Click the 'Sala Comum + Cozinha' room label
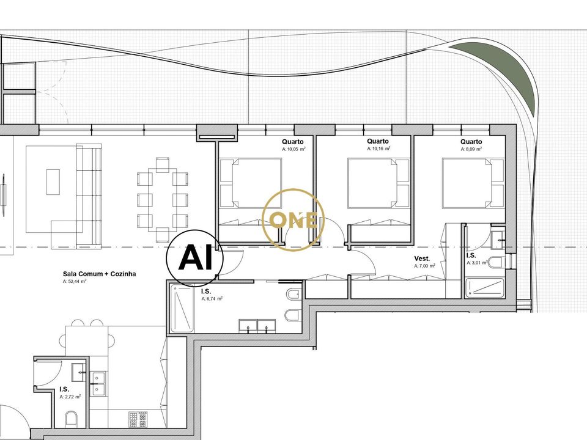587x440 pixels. coord(99,274)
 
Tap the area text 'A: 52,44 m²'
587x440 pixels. coord(75,281)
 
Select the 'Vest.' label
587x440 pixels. coord(422,258)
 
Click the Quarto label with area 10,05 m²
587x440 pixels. coord(293,142)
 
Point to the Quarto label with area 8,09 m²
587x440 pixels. coord(471,142)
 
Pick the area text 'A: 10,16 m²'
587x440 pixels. coord(379,148)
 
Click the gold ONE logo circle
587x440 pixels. coord(293,220)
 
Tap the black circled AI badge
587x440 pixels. coord(195,258)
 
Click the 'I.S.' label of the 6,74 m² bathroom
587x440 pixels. coord(206,291)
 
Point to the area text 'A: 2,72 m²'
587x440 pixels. coord(70,397)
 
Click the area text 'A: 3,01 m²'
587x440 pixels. coord(476,263)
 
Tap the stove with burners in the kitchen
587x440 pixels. coord(138,419)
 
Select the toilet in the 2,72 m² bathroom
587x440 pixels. coord(71,419)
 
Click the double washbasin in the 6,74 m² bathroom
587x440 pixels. coord(257,326)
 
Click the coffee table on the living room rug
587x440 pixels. coord(53,182)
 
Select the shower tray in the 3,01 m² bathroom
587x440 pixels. coord(484,287)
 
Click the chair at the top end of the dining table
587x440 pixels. coord(163,164)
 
